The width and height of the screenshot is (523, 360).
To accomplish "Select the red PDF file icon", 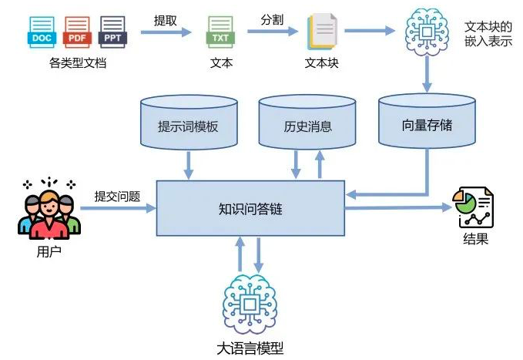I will click(x=77, y=30).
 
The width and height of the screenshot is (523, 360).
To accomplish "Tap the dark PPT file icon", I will click(x=112, y=30).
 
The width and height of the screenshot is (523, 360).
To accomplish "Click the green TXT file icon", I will click(x=221, y=32).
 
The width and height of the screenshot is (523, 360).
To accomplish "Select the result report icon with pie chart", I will click(x=474, y=207).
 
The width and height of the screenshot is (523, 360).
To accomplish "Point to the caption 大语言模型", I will click(x=250, y=348).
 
